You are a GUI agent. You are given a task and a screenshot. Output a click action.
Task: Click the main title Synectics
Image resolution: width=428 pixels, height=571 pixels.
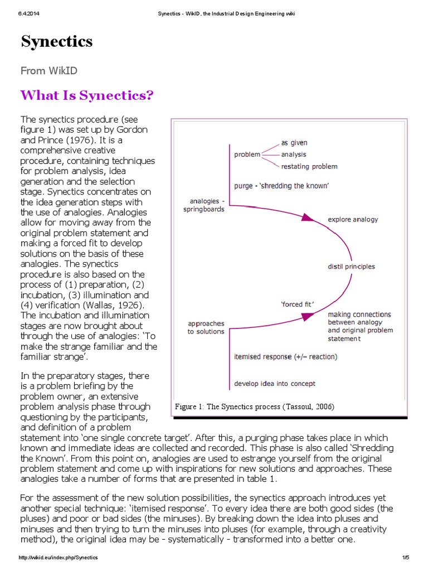(57, 42)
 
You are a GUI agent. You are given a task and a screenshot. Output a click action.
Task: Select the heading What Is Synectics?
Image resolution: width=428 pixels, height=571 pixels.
(86, 95)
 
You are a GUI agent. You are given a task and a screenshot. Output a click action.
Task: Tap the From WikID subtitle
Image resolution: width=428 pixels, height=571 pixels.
(49, 70)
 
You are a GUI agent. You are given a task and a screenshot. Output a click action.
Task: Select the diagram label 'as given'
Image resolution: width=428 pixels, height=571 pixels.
(294, 143)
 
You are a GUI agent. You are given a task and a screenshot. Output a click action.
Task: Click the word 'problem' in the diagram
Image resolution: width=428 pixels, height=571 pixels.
(247, 154)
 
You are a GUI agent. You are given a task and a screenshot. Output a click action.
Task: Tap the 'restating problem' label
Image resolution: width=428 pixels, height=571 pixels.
(309, 166)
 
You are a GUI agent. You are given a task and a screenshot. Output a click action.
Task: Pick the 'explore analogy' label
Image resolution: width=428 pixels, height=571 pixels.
(353, 219)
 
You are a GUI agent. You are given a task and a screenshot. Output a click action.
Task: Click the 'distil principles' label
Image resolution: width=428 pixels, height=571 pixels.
(351, 267)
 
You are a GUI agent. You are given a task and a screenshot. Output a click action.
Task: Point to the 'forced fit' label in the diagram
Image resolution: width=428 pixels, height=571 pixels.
(297, 304)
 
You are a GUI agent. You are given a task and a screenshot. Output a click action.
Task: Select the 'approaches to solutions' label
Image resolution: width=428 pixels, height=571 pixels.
(206, 327)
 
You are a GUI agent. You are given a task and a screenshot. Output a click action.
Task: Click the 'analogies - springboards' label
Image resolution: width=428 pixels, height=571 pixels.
(203, 205)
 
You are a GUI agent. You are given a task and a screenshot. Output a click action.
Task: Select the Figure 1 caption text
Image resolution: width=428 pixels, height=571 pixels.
(255, 407)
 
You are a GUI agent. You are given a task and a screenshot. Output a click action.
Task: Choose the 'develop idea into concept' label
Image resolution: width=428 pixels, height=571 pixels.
(275, 384)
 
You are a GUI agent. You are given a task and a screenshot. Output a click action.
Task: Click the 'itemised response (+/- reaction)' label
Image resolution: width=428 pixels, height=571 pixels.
(285, 356)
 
